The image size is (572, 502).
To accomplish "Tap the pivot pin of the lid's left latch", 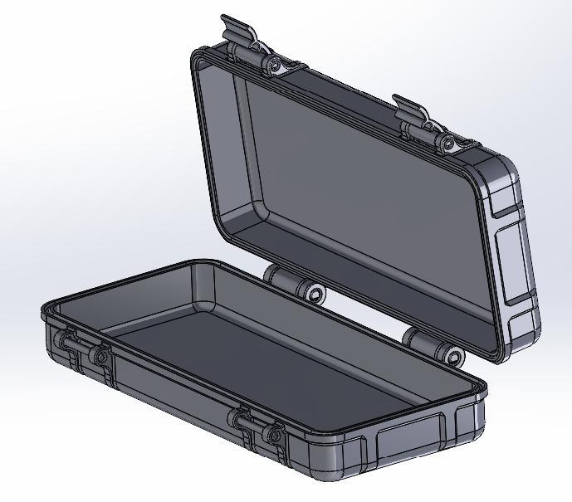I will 273,64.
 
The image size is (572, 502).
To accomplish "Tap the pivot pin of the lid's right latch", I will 450,144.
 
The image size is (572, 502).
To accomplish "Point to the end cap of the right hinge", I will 454,357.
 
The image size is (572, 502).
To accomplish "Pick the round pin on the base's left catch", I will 101,357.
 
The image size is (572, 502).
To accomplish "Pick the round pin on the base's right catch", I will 273,435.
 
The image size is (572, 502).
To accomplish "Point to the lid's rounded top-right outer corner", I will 502,166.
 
